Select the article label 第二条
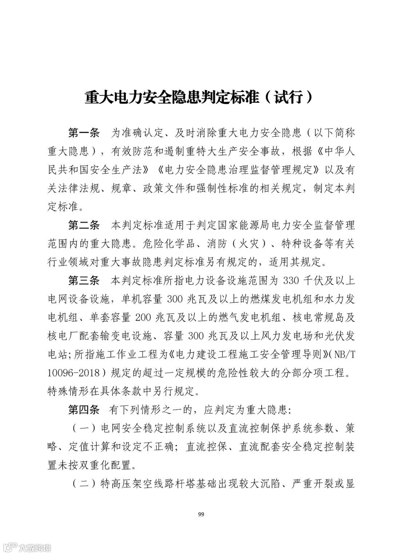click(x=84, y=225)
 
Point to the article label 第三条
click(x=84, y=281)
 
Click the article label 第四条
click(x=84, y=410)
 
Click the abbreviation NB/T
click(x=343, y=355)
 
